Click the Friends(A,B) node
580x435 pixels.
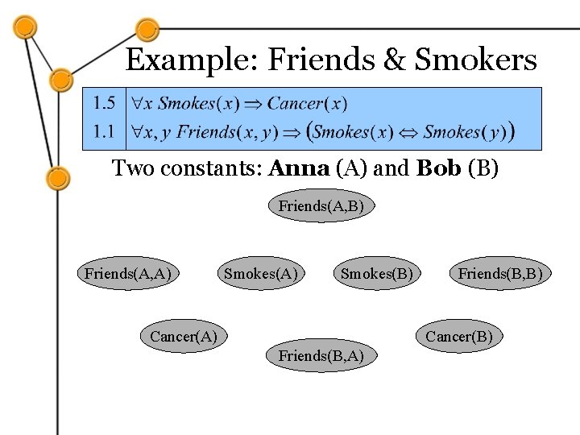pos(321,206)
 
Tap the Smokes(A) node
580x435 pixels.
pos(261,273)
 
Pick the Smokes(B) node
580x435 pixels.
pos(377,273)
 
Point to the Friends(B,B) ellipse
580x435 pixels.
pos(500,273)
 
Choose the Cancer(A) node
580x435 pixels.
pos(184,336)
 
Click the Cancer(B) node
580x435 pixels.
pos(458,336)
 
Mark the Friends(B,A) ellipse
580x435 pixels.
pos(321,355)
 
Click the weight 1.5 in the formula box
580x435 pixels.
pos(103,103)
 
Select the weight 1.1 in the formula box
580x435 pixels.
pos(103,130)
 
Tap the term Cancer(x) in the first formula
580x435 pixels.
pos(307,103)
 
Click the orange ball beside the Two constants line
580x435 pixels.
pos(57,177)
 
